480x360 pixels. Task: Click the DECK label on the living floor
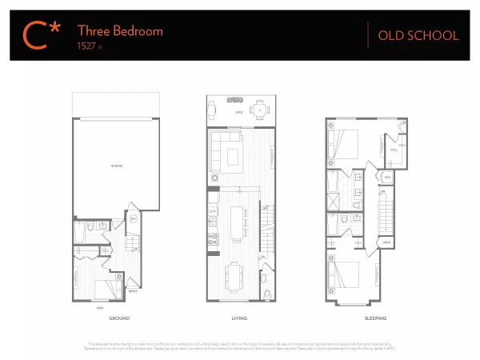click(238, 113)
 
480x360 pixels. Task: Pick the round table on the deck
click(258, 110)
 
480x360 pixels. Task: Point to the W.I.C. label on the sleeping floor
click(393, 149)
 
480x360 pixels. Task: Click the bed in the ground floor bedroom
click(105, 287)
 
